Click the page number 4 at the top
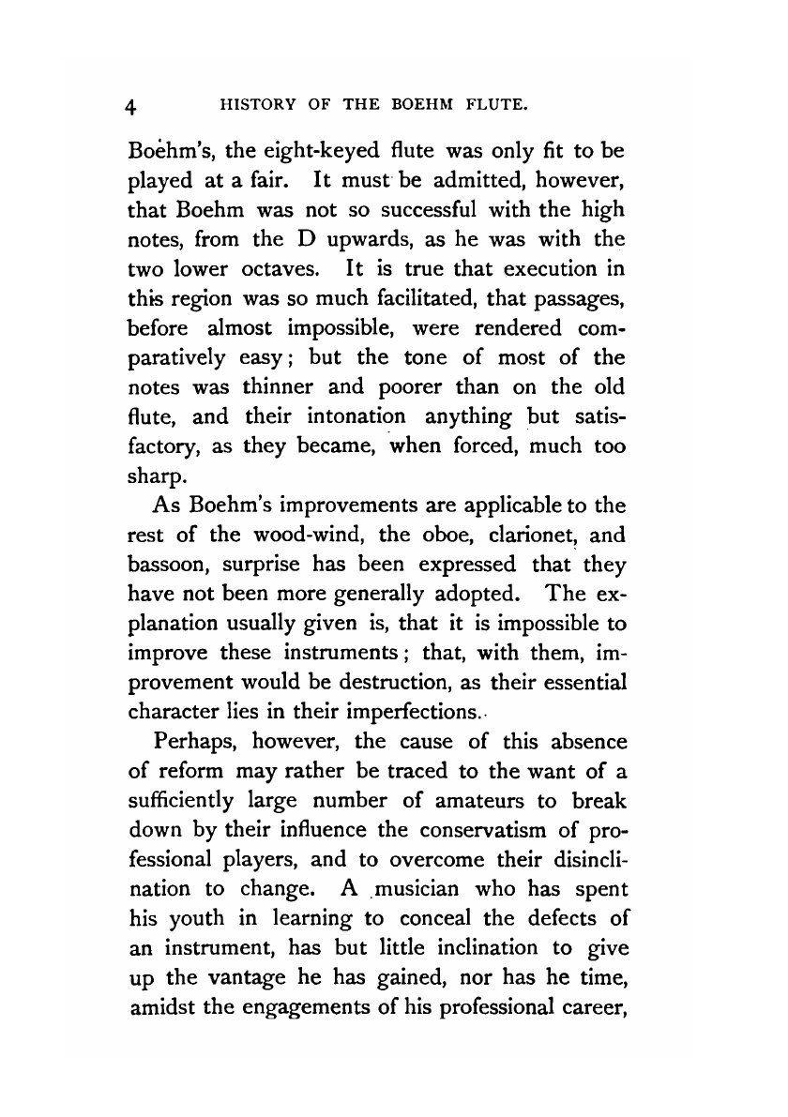133,106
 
